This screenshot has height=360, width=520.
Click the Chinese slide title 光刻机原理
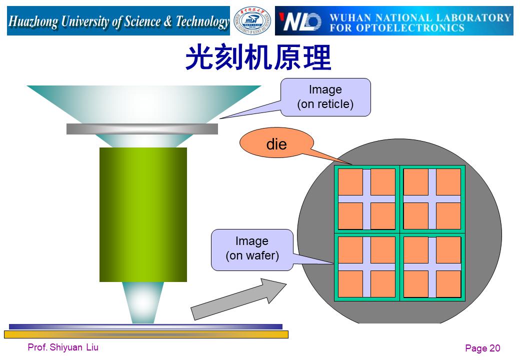[x=258, y=57]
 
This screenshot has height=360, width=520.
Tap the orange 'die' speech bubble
[x=276, y=143]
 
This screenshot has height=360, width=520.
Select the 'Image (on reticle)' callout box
[x=325, y=97]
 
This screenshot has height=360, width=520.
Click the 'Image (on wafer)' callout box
[x=252, y=249]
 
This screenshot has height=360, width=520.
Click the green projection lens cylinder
[x=143, y=214]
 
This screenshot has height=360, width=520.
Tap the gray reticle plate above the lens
[x=142, y=129]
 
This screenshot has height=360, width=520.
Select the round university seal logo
[x=252, y=21]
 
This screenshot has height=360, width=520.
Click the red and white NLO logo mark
[x=300, y=21]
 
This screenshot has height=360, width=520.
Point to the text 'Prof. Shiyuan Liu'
[x=63, y=347]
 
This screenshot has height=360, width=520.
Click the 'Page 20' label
[x=482, y=348]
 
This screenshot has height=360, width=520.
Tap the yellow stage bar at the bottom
[x=146, y=334]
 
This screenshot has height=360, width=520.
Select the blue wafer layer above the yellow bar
[x=145, y=326]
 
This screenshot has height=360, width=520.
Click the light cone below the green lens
[x=143, y=302]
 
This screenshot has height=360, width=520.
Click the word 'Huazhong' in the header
[x=33, y=21]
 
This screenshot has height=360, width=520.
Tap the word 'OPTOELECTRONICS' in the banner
[x=410, y=28]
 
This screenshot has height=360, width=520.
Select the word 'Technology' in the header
[x=202, y=21]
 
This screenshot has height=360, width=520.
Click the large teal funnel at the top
[x=144, y=104]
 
